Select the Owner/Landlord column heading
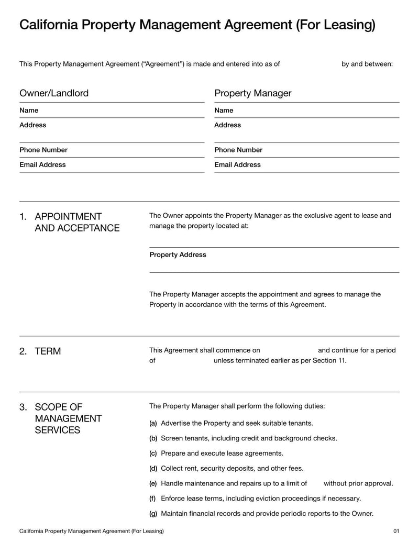54,93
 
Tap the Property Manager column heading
252,93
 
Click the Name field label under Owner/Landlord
29,110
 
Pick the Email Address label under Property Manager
237,164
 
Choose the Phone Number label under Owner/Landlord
43,150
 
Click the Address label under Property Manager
227,125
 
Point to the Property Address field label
178,255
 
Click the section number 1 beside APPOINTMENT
23,217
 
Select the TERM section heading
48,351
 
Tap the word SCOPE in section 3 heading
50,407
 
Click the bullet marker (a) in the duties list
153,423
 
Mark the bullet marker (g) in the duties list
153,514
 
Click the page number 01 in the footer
396,531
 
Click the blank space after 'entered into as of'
310,64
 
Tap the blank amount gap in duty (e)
315,483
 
